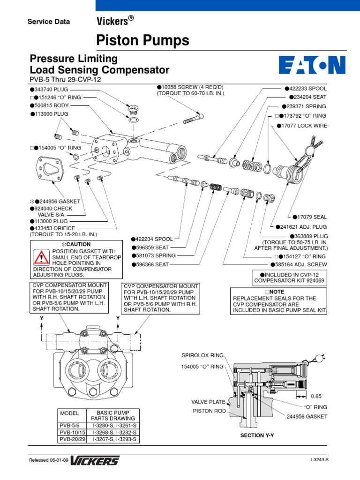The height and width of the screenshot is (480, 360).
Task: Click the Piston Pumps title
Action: point(142,41)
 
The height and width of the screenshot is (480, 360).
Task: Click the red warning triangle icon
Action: point(41,257)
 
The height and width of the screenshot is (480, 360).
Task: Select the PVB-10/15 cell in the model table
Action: point(70,432)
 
